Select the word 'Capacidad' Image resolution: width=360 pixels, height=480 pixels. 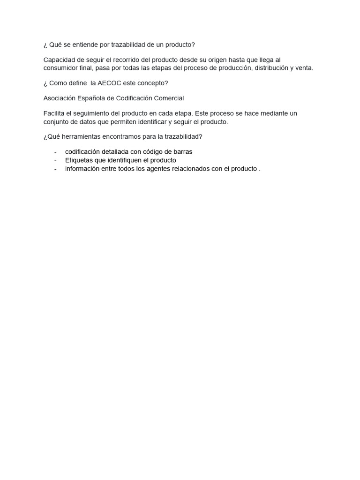click(59, 60)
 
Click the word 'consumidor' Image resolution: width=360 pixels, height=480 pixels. click(62, 68)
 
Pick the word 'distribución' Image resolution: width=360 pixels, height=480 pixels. click(271, 68)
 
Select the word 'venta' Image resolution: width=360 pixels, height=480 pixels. click(303, 68)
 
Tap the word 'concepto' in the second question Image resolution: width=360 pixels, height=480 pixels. click(152, 83)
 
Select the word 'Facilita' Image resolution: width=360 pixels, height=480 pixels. click(55, 113)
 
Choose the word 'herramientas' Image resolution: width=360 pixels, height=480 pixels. click(79, 136)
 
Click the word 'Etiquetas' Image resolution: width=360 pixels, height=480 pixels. click(79, 160)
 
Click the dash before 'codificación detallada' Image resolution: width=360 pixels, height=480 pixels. click(56, 152)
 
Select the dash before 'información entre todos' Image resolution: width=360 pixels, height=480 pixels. click(56, 169)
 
